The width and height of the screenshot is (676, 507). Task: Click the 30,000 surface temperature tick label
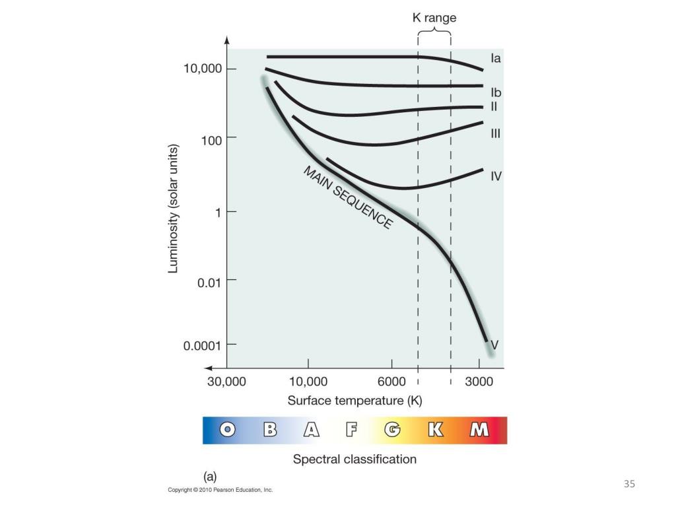[x=227, y=382]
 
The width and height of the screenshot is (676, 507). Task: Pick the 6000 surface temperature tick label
[x=391, y=382]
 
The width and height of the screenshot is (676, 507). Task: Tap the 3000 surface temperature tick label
[x=479, y=382]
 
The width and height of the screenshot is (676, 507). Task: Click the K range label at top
[x=434, y=18]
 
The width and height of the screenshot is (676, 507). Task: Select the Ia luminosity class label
[x=495, y=59]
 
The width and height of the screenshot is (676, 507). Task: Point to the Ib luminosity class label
[x=496, y=93]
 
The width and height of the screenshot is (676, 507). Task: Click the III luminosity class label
[x=496, y=133]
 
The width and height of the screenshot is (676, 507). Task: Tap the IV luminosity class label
[x=496, y=176]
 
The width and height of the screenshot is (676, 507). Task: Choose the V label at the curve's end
[x=494, y=345]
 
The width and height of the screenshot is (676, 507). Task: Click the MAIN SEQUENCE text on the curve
[x=348, y=197]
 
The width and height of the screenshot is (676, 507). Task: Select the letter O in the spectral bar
[x=228, y=430]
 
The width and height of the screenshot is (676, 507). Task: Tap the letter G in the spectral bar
[x=393, y=430]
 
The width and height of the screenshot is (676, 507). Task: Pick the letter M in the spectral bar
[x=479, y=430]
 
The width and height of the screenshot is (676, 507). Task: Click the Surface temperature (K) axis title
[x=355, y=401]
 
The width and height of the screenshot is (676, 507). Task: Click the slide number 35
[x=629, y=484]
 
